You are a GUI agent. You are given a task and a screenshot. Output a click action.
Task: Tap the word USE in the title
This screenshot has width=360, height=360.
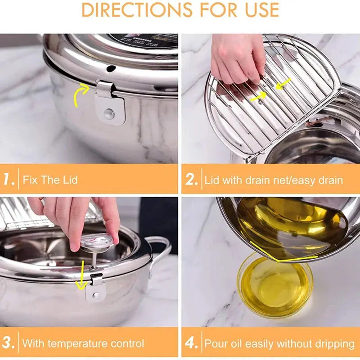258,9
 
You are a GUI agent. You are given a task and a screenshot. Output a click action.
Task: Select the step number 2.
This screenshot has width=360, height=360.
192,180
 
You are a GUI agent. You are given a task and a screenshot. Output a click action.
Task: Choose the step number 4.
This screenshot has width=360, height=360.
192,343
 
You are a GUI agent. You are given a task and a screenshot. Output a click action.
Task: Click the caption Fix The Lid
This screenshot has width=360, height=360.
50,180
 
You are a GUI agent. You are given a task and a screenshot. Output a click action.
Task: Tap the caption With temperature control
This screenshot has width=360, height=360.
83,344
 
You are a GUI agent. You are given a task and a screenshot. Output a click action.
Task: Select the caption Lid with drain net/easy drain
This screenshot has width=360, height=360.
274,180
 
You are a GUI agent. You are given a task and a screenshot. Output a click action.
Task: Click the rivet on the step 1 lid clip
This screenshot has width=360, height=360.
109,113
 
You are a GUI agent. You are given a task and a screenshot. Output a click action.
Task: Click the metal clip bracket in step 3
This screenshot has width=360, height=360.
95,288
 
